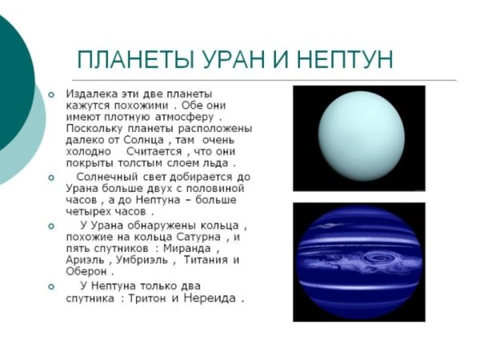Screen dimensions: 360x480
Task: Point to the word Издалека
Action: pyautogui.click(x=91, y=94)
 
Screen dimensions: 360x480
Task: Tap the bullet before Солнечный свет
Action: pyautogui.click(x=51, y=176)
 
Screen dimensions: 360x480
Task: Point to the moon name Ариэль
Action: pyautogui.click(x=86, y=261)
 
